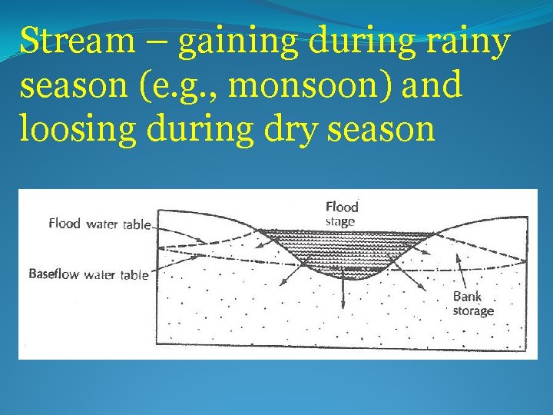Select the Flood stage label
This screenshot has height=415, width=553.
click(342, 214)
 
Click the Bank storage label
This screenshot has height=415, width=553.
click(472, 303)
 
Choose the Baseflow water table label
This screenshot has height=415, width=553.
click(88, 274)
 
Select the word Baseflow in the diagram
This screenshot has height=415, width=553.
click(54, 274)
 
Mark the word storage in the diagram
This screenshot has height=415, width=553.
click(472, 310)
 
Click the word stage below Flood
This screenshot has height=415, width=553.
click(340, 221)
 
